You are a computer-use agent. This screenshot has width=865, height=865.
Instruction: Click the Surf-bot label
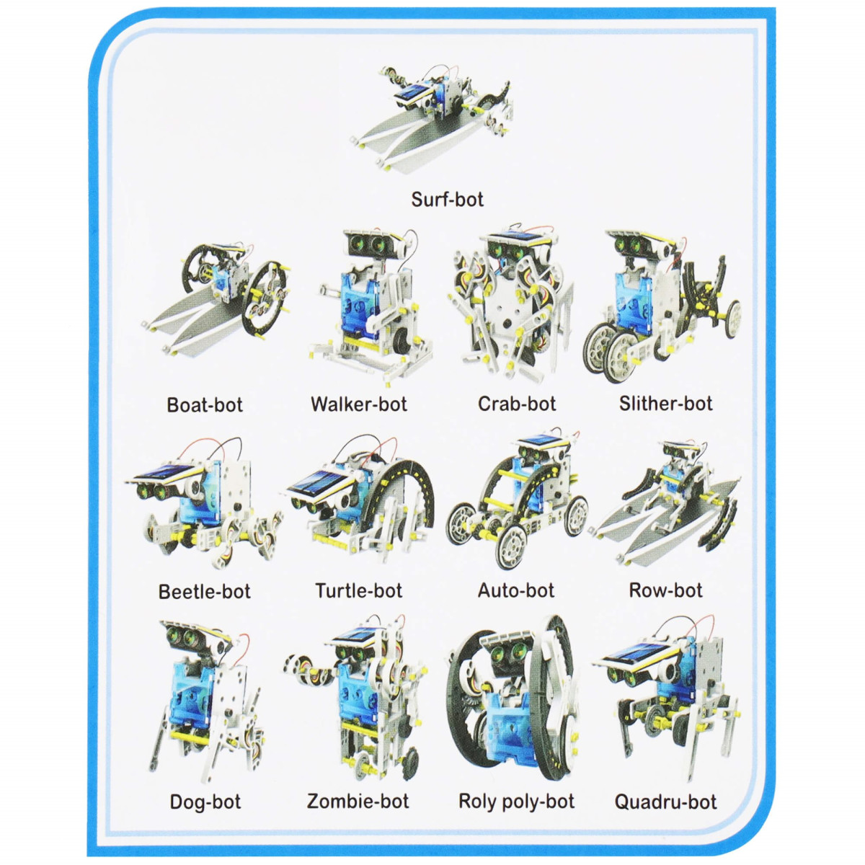(447, 199)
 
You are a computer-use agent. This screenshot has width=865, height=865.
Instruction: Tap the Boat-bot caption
(205, 404)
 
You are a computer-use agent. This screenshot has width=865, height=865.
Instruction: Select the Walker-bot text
(359, 404)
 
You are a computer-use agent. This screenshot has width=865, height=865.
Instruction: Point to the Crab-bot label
(517, 404)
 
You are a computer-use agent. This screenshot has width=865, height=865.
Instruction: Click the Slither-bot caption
(666, 404)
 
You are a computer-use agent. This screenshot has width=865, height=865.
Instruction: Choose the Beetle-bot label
(204, 592)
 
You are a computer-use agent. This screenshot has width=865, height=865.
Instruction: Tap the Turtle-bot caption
(359, 591)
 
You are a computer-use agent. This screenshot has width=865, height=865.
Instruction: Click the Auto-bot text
(516, 590)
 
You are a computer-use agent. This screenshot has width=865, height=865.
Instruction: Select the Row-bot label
(666, 590)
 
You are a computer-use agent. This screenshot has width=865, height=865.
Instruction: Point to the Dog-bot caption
(205, 802)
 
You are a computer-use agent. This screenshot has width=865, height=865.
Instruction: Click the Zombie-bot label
(358, 801)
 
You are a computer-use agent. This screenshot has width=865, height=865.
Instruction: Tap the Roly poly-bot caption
(516, 802)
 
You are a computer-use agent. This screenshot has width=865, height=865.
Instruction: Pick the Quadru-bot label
(666, 802)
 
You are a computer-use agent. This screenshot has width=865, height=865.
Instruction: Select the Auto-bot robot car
(517, 499)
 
